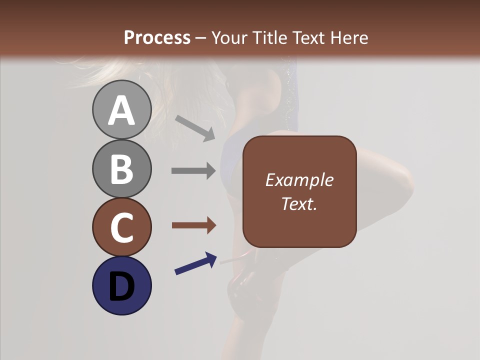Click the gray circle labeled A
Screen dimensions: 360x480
[x=121, y=109]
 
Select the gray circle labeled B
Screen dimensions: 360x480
[x=121, y=168]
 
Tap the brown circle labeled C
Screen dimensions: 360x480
[x=121, y=227]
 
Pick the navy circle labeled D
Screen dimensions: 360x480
[x=121, y=285]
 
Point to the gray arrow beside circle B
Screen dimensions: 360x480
[x=193, y=171]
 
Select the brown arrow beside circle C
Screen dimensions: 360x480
[x=193, y=225]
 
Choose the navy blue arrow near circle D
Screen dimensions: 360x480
[x=195, y=263]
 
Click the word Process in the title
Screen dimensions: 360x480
[x=157, y=37]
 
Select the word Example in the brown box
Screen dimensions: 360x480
[x=299, y=180]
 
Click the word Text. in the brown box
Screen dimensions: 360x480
[x=299, y=204]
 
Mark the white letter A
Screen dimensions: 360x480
[x=121, y=110]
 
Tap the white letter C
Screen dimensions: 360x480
[x=121, y=228]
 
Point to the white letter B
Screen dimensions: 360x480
[x=121, y=169]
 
